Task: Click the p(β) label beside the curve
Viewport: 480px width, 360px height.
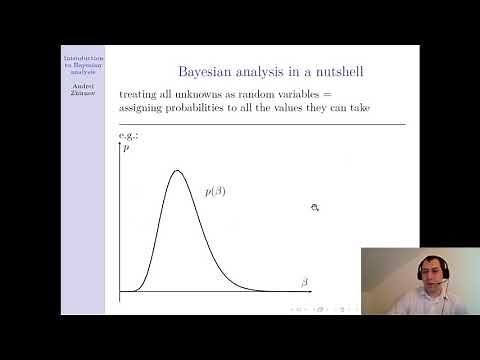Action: point(215,190)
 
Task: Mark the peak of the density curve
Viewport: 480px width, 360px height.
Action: point(177,170)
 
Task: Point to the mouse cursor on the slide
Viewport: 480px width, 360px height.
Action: point(314,208)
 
